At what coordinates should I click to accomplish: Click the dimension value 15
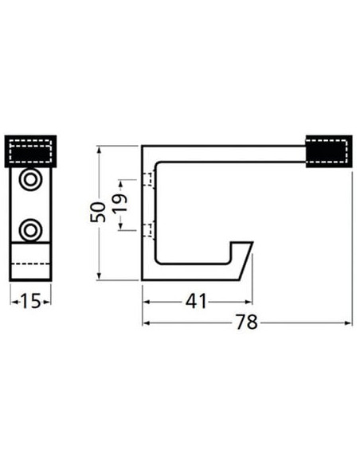pyautogui.click(x=31, y=301)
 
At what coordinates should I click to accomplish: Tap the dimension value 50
pyautogui.click(x=98, y=213)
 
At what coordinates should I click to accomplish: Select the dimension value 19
pyautogui.click(x=120, y=203)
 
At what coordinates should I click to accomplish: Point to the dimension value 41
pyautogui.click(x=196, y=302)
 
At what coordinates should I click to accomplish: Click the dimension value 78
pyautogui.click(x=247, y=322)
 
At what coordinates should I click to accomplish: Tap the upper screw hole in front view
pyautogui.click(x=30, y=179)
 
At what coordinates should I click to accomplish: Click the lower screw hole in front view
pyautogui.click(x=30, y=230)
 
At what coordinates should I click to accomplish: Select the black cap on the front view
pyautogui.click(x=30, y=151)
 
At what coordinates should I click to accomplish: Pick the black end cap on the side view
pyautogui.click(x=329, y=151)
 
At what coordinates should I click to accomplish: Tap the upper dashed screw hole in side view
pyautogui.click(x=149, y=179)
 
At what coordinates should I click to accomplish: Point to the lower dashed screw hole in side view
pyautogui.click(x=149, y=230)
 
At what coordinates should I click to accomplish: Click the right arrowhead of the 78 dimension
pyautogui.click(x=348, y=323)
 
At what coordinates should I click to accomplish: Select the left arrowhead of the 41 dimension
pyautogui.click(x=147, y=302)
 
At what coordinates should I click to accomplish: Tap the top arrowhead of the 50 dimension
pyautogui.click(x=99, y=150)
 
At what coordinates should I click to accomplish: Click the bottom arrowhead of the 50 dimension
pyautogui.click(x=99, y=276)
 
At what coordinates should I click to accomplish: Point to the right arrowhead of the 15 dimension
pyautogui.click(x=47, y=302)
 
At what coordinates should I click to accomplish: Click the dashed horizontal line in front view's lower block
pyautogui.click(x=30, y=264)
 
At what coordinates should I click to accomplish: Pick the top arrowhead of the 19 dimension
pyautogui.click(x=121, y=184)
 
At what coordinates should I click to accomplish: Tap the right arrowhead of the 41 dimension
pyautogui.click(x=248, y=302)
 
